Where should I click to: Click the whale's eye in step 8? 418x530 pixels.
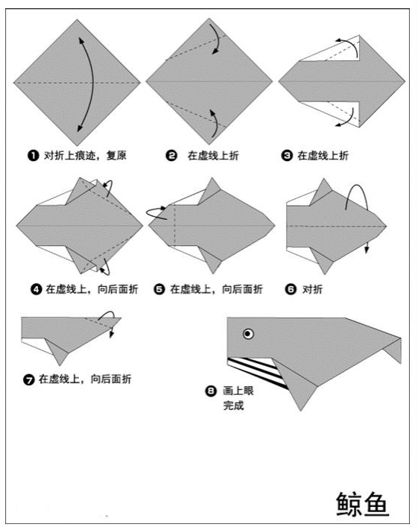pos(248,334)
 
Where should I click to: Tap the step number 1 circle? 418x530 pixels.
pos(33,156)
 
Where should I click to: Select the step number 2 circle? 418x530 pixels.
pos(171,156)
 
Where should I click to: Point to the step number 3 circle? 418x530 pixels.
pos(287,156)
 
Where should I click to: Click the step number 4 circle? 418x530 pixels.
pos(37,289)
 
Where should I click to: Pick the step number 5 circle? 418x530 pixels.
pos(159,289)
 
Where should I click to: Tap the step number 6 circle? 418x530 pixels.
pos(291,289)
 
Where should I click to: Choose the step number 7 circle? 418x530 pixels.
pos(28,379)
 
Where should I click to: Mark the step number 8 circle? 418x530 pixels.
pos(211,391)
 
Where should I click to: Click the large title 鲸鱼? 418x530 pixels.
pos(362,504)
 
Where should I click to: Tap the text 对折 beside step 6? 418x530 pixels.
pos(312,289)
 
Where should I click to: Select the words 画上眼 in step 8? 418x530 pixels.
pos(238,391)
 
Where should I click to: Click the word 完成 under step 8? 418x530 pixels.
pos(233,406)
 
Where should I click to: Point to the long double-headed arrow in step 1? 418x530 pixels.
pos(92,83)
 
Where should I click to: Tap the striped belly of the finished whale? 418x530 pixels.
pos(258,370)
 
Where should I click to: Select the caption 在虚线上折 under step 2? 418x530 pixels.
pos(213,156)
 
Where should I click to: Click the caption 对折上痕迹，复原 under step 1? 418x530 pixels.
pos(85,156)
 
